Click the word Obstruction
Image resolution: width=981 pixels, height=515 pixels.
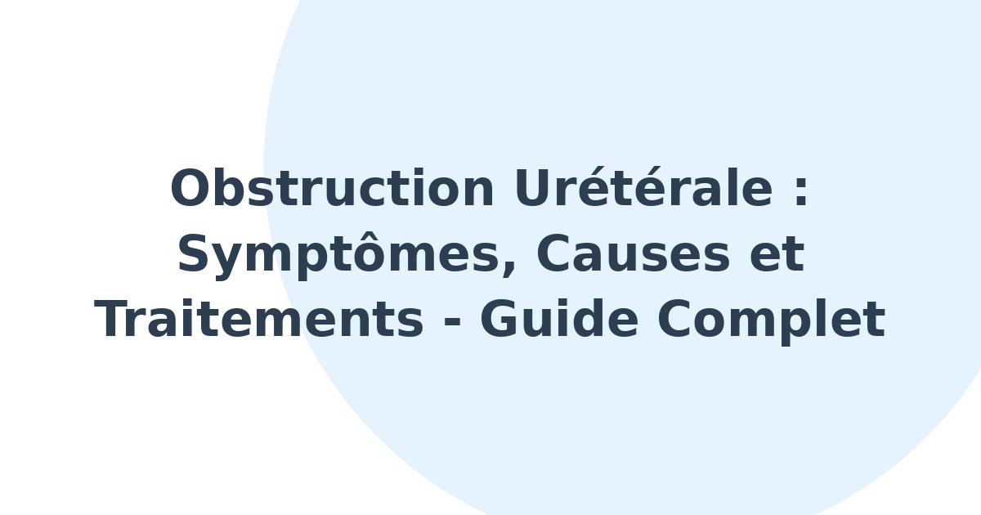coord(333,187)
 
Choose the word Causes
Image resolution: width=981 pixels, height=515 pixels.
coord(633,253)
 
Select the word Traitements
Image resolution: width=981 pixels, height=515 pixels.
coord(259,319)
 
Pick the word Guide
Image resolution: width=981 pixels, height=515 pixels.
coord(559,318)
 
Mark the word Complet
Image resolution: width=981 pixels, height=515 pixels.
coord(771,321)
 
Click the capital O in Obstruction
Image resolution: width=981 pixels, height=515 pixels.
coord(190,187)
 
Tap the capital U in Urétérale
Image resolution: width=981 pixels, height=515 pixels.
coord(532,187)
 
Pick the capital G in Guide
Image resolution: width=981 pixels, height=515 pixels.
coord(499,319)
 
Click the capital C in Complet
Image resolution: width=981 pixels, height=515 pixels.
coord(675,319)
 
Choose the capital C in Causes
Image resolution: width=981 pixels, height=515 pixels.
coord(553,253)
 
